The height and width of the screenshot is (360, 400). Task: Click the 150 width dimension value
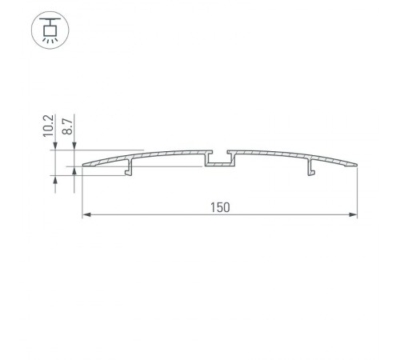pos(221,208)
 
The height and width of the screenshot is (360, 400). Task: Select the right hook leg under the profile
pos(309,169)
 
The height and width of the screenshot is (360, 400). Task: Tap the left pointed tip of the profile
pos(84,166)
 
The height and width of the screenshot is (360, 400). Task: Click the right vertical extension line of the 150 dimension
pos(357,192)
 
